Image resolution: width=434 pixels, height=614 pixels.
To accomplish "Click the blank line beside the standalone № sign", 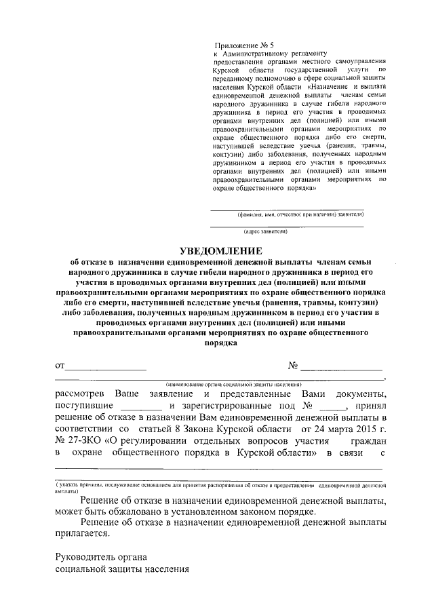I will tap(341, 367).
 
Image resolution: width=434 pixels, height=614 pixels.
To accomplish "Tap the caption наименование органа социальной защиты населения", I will tap(220, 383).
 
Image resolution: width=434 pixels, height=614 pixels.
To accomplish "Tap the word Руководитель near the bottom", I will tap(87, 557).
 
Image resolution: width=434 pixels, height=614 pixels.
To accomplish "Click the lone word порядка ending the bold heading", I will tap(220, 343).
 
